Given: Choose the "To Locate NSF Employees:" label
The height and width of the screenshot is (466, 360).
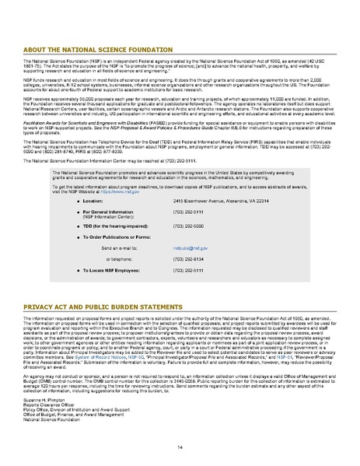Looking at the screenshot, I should tap(109, 270).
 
